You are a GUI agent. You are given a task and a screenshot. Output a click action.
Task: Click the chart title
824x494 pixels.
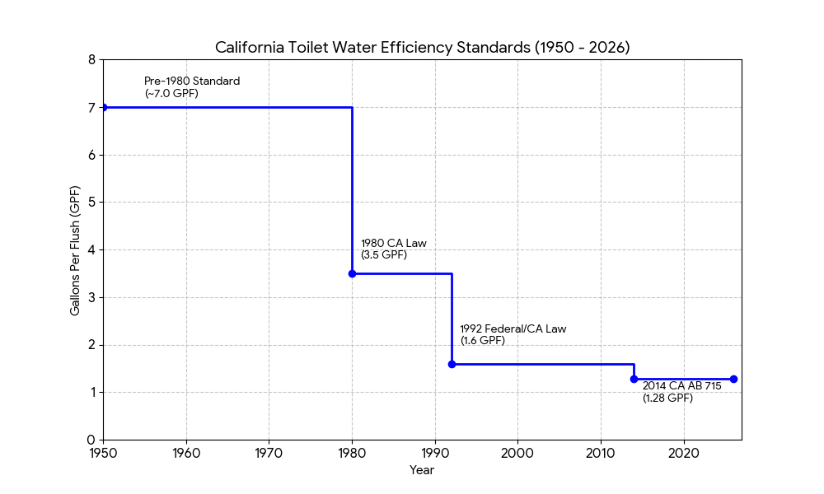pos(422,48)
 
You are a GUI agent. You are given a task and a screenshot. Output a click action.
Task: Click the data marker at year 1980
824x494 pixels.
pos(352,273)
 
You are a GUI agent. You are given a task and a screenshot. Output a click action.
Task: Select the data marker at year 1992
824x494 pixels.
pos(452,364)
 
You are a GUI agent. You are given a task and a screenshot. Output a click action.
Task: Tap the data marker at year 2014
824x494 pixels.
pos(634,379)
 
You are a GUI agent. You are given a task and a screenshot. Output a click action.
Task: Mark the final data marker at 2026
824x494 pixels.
pos(733,379)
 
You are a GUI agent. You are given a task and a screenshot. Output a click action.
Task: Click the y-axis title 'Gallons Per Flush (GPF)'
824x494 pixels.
pos(75,250)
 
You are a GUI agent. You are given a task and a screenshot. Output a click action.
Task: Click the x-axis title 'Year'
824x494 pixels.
pos(422,470)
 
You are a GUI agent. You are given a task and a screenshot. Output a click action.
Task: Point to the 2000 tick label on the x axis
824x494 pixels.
pos(517,453)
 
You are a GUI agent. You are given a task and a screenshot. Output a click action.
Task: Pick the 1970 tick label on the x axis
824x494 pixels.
pos(269,453)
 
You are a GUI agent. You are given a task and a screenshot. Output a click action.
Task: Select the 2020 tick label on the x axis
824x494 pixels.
pos(683,453)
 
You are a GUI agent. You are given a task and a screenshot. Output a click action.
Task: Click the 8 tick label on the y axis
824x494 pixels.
pos(91,60)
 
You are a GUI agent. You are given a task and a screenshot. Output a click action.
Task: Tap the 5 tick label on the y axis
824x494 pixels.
pos(91,203)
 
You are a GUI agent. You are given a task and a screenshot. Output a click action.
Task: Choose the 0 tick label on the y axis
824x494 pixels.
pos(91,440)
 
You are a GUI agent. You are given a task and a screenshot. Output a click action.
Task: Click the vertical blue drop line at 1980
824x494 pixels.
pos(353,189)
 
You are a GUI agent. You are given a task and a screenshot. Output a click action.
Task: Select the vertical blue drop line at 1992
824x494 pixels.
pos(452,319)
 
